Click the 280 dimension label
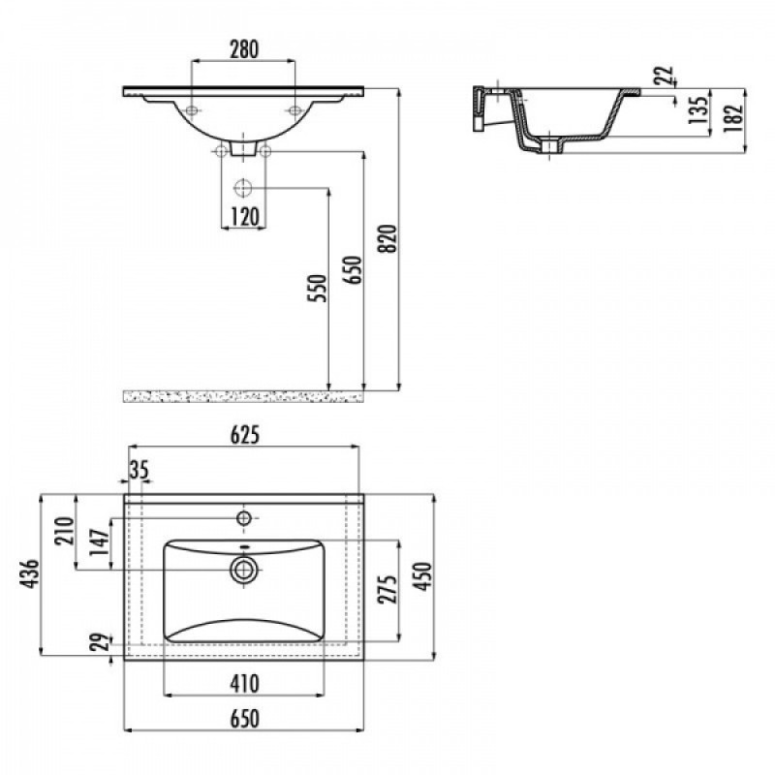click(244, 49)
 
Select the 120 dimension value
click(245, 217)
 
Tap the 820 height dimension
click(388, 238)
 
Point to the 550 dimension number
click(318, 288)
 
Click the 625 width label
click(245, 435)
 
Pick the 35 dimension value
click(139, 470)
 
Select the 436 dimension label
click(29, 573)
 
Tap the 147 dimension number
click(99, 542)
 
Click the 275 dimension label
click(387, 589)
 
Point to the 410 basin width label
click(245, 684)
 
